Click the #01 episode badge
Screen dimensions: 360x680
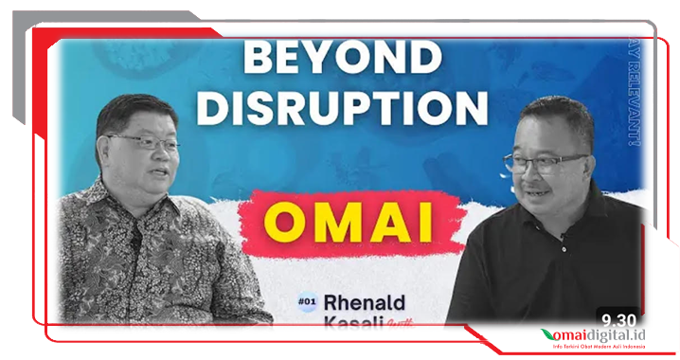(x=305, y=300)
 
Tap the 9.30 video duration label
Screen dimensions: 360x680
(x=617, y=319)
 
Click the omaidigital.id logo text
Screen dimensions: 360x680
(x=606, y=335)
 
